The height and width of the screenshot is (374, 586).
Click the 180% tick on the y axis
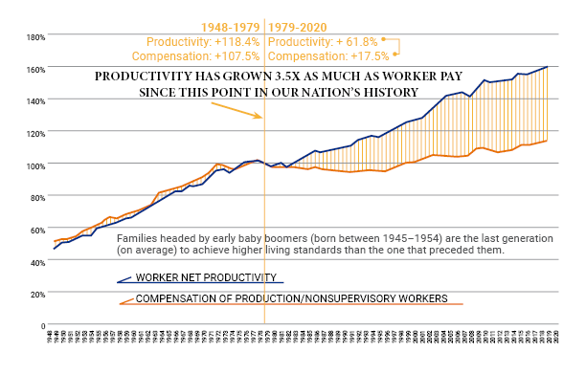(26, 37)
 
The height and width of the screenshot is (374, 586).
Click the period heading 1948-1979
(230, 28)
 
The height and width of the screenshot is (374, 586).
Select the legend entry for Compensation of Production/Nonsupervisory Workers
(290, 299)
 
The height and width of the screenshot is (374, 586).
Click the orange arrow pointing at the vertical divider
(236, 108)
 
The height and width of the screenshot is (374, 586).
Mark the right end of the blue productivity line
(547, 67)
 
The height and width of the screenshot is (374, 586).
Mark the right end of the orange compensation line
(547, 141)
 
